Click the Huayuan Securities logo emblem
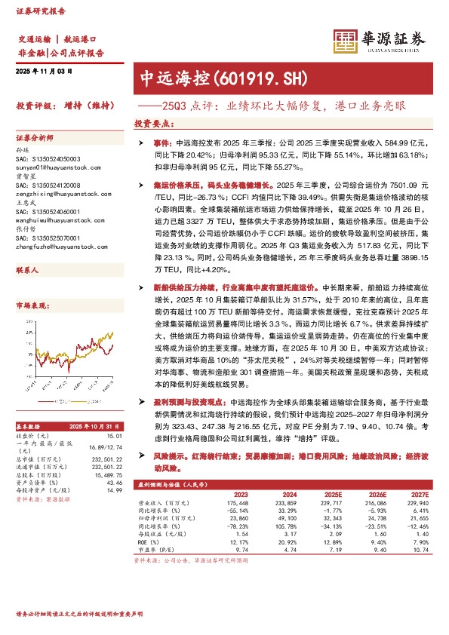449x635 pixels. pos(346,39)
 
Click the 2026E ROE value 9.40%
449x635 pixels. pos(377,543)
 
